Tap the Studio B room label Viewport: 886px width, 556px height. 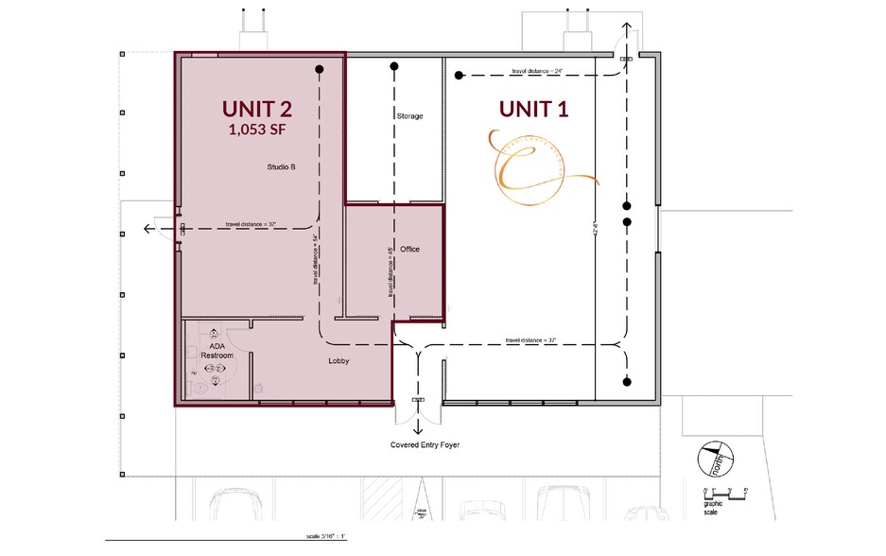[281, 167]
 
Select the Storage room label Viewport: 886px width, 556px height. [409, 116]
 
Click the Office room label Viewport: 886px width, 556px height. [409, 250]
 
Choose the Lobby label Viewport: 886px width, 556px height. [339, 362]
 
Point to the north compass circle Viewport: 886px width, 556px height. [717, 461]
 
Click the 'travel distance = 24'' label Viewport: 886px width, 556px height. [537, 71]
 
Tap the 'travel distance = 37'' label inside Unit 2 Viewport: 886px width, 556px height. [251, 224]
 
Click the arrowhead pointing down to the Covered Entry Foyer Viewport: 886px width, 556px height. [418, 428]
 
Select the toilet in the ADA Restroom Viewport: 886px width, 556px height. [217, 381]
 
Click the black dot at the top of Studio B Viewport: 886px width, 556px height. [320, 69]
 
